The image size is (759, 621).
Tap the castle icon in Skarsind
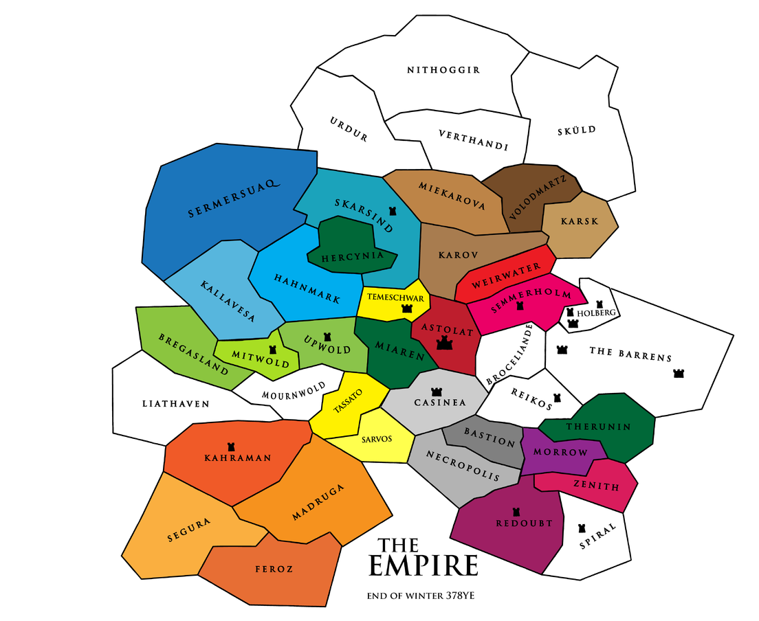393,212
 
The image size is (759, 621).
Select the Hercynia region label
352,257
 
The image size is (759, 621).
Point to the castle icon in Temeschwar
407,309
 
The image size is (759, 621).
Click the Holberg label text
595,313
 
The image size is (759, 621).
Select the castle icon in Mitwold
273,350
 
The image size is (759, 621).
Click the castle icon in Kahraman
230,446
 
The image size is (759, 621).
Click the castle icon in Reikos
558,397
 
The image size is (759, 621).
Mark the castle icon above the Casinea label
436,391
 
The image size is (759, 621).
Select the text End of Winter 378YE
421,596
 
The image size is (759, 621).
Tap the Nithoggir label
443,70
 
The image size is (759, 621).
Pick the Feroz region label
274,569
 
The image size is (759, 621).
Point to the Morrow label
562,453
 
